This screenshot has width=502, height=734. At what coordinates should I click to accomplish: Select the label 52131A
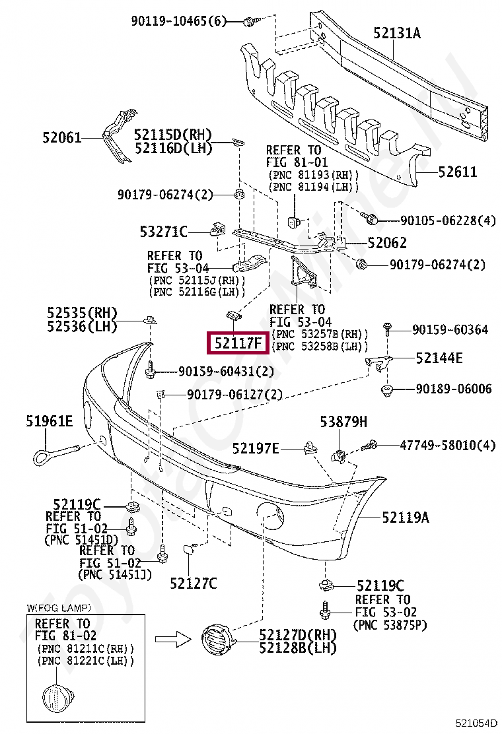pos(396,32)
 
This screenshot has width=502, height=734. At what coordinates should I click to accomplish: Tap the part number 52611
pos(457,172)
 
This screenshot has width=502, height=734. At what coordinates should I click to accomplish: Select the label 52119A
pos(405,518)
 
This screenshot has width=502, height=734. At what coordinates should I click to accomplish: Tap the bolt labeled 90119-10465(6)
pos(249,22)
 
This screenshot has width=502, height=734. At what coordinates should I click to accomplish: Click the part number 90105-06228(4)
pos(448,220)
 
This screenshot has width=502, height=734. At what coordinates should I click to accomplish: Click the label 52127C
pos(193,583)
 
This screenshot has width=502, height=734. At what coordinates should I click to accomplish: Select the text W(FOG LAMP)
pos(59,607)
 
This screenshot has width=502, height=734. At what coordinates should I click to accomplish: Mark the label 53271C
pos(164,232)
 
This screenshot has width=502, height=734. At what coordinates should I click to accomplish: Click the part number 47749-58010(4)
pos(447,446)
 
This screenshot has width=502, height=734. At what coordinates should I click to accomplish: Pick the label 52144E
pos(439,358)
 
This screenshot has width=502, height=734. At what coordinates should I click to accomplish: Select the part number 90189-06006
pos(453,389)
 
